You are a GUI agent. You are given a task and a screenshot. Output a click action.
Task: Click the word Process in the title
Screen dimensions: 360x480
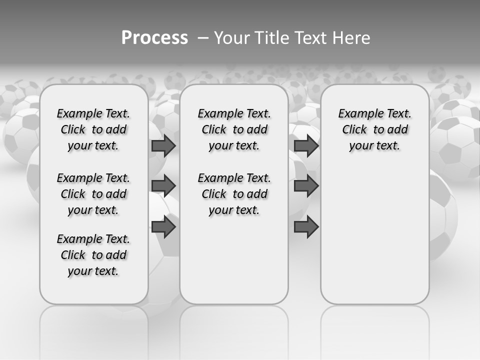tap(154, 37)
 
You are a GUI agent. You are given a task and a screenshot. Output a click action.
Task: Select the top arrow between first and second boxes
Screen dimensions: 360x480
tap(163, 145)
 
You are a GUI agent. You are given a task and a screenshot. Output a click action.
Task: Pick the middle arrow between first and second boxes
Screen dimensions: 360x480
tap(163, 186)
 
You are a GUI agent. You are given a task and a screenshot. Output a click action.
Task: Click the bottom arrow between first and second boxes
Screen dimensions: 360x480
tap(163, 227)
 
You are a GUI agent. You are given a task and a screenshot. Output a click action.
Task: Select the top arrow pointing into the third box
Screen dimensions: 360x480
tap(306, 145)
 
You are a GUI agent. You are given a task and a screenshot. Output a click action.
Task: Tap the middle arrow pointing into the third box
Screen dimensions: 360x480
tap(306, 186)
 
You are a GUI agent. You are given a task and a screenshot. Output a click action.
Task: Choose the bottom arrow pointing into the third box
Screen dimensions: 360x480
tap(306, 227)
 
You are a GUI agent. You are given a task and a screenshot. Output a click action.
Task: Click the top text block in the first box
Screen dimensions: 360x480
tap(93, 129)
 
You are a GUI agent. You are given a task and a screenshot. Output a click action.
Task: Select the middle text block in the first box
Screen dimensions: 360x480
tap(93, 194)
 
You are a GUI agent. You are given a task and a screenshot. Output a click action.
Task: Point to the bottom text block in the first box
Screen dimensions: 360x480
tap(93, 255)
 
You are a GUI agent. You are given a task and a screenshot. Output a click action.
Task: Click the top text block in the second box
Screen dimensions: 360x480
tap(234, 129)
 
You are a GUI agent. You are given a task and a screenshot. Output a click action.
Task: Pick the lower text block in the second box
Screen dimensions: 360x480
tap(234, 194)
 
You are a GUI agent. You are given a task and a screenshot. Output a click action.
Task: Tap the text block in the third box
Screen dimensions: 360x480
tap(374, 129)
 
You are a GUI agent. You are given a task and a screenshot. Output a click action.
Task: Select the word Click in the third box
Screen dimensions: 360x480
tap(354, 130)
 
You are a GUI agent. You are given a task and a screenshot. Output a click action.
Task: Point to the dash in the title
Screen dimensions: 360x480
tap(203, 37)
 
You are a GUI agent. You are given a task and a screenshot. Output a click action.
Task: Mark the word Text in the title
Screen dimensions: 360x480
tap(312, 37)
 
